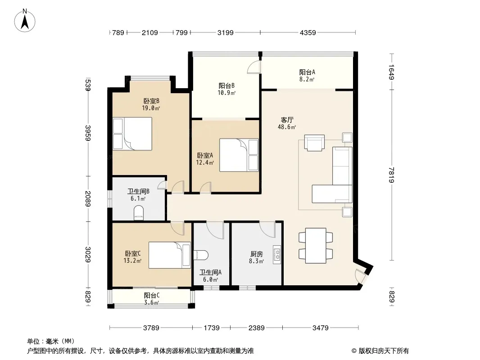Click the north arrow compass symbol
click(x=25, y=21)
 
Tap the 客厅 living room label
click(x=287, y=120)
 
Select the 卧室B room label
click(x=152, y=101)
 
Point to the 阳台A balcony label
click(x=307, y=72)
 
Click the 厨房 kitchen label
click(x=257, y=254)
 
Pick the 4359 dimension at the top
click(x=308, y=32)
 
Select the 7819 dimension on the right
click(x=391, y=175)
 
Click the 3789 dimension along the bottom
click(x=151, y=328)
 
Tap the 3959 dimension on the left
click(x=88, y=133)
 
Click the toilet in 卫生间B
click(x=139, y=213)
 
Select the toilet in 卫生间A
click(x=201, y=255)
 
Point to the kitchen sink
click(x=277, y=255)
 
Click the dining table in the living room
click(x=316, y=245)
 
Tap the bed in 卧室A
click(x=239, y=155)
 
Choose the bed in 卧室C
click(x=170, y=255)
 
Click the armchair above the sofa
click(x=314, y=143)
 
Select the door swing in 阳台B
click(x=254, y=67)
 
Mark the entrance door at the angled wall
click(x=360, y=275)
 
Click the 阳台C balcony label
click(x=152, y=296)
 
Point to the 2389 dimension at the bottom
click(x=257, y=328)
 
